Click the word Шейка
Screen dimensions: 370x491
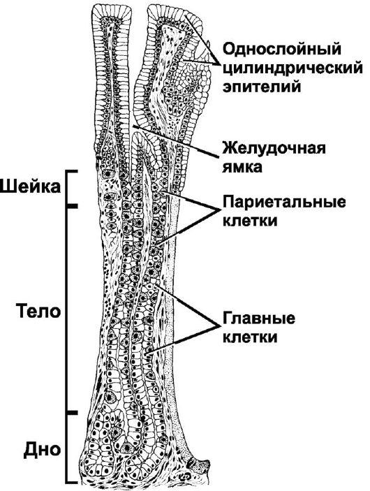(30, 187)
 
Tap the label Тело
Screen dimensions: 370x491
(39, 312)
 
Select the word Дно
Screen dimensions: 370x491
(43, 450)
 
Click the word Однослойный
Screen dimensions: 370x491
(281, 50)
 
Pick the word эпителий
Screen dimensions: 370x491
(262, 87)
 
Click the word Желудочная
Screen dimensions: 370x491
(274, 148)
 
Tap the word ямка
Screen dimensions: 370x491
(242, 166)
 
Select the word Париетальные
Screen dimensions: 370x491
(284, 203)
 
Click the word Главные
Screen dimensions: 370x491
(258, 318)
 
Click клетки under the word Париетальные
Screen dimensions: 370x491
(250, 220)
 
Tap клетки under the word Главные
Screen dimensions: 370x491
(250, 337)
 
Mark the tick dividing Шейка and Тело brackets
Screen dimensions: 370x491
(72, 206)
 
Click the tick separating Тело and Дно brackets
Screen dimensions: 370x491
(72, 413)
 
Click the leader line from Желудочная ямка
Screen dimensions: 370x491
(175, 141)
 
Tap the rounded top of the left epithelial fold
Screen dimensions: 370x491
(112, 9)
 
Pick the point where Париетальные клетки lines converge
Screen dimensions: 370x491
(218, 209)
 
